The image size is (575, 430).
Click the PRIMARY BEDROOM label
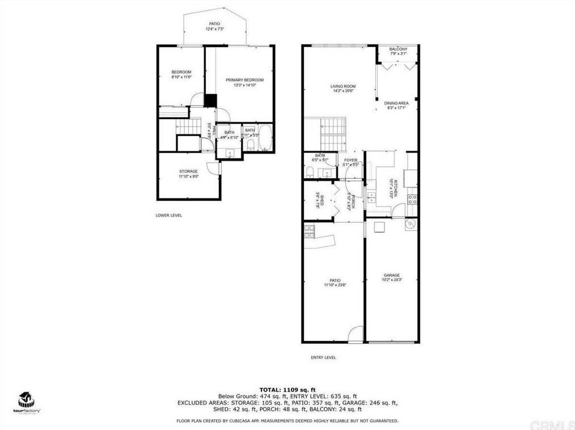pyautogui.click(x=244, y=80)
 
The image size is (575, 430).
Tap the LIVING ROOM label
pyautogui.click(x=343, y=86)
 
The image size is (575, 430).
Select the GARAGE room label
pyautogui.click(x=391, y=275)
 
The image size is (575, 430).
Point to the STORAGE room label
pyautogui.click(x=188, y=171)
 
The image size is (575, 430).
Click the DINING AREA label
pyautogui.click(x=396, y=103)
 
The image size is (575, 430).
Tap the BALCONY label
pyautogui.click(x=398, y=49)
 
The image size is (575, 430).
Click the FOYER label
pyautogui.click(x=350, y=161)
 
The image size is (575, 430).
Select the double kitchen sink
pyautogui.click(x=371, y=197)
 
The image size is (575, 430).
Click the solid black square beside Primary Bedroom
pyautogui.click(x=210, y=100)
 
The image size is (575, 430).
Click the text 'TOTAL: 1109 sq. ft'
pyautogui.click(x=287, y=390)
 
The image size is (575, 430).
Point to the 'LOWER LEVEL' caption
pyautogui.click(x=168, y=216)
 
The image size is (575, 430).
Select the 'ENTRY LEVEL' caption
pyautogui.click(x=323, y=357)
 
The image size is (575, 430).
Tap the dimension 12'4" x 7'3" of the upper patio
pyautogui.click(x=214, y=28)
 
